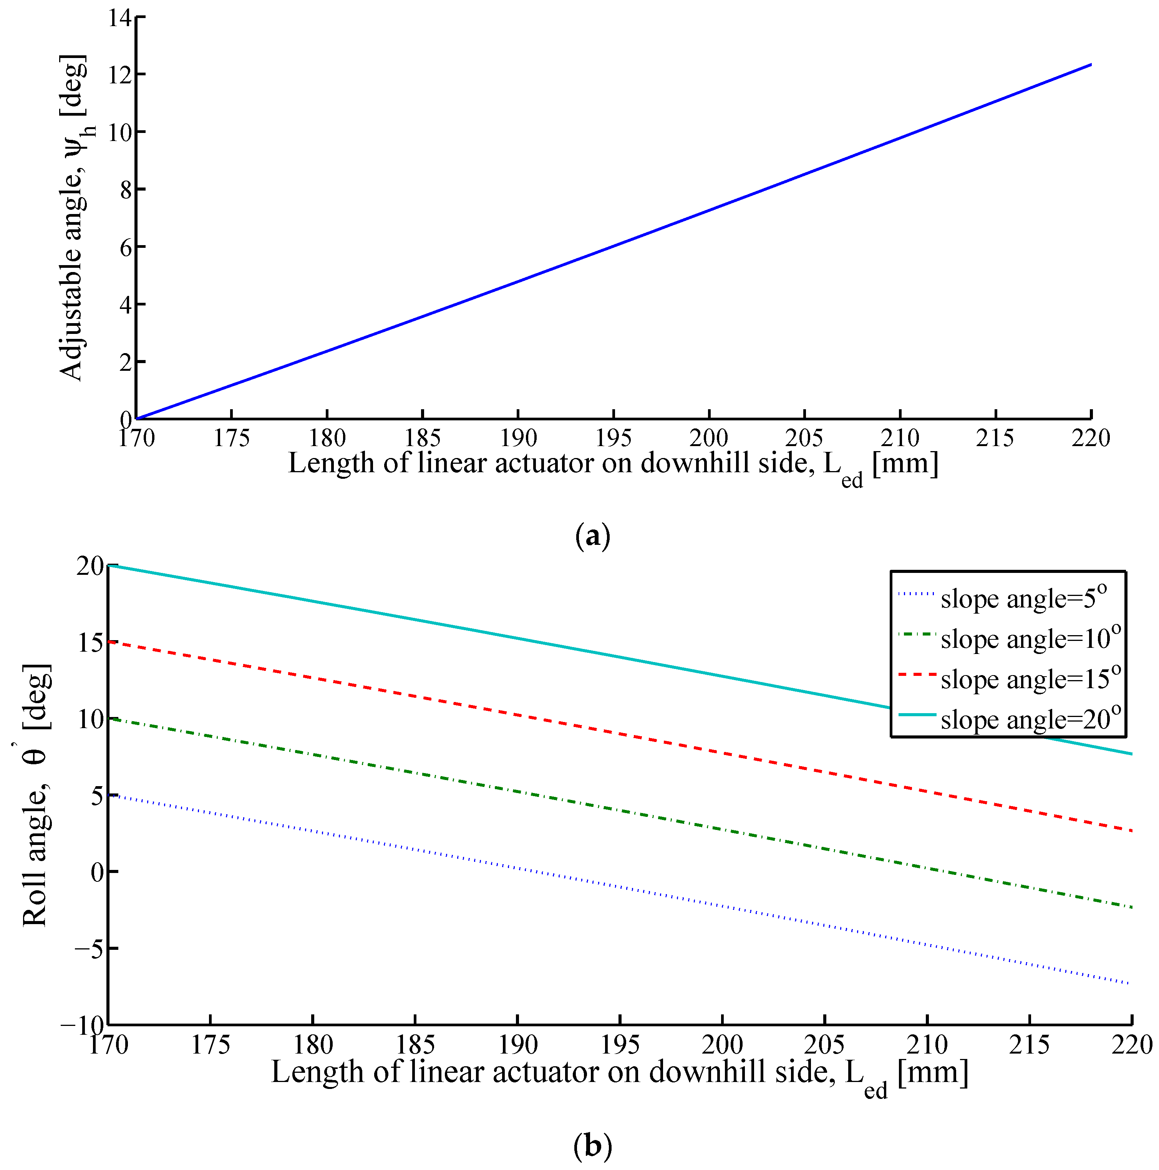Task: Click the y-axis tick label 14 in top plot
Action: pos(119,18)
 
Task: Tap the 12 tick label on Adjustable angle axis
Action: pos(119,75)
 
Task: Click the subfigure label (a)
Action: pos(592,536)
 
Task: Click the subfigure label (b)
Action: pos(592,1146)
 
